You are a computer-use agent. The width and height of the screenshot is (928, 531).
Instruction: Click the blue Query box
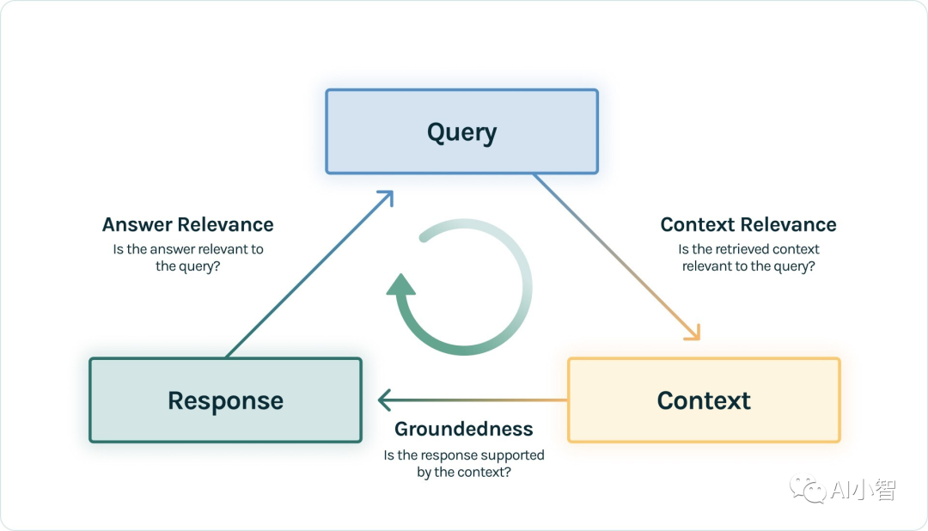(x=461, y=131)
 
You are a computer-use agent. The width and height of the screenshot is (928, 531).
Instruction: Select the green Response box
(x=225, y=400)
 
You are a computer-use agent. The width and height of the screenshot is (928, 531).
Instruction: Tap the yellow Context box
(x=704, y=400)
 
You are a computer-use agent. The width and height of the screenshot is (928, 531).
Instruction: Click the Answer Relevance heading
(x=187, y=225)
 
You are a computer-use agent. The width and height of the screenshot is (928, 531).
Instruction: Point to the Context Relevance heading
(x=748, y=225)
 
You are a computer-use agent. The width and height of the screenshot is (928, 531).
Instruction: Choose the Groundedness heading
(x=464, y=429)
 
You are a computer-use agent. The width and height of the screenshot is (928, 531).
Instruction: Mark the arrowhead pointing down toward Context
(x=693, y=333)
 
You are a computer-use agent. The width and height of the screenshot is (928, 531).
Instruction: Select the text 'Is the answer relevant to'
(x=187, y=249)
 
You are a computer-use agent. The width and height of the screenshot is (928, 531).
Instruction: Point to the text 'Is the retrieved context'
(x=748, y=249)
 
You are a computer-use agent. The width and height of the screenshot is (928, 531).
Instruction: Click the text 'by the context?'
(x=464, y=473)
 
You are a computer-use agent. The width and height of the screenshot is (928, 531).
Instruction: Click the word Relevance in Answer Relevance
(x=226, y=225)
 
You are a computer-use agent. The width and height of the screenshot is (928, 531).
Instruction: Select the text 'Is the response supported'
(x=464, y=455)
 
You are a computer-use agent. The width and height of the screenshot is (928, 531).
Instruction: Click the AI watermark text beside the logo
(x=862, y=491)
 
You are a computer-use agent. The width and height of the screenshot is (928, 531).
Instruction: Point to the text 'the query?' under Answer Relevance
(x=187, y=266)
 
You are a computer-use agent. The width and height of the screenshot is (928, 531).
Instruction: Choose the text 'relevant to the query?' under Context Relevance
(x=748, y=266)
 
